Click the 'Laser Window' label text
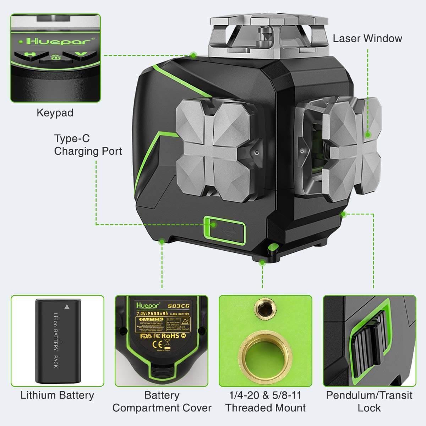pyautogui.click(x=367, y=38)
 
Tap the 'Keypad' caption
pyautogui.click(x=55, y=113)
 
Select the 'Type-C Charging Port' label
pyautogui.click(x=88, y=145)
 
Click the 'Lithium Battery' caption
pyautogui.click(x=57, y=395)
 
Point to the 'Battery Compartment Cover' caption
pyautogui.click(x=162, y=401)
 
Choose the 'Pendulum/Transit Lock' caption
pyautogui.click(x=369, y=401)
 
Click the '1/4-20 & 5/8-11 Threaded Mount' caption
pyautogui.click(x=266, y=401)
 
